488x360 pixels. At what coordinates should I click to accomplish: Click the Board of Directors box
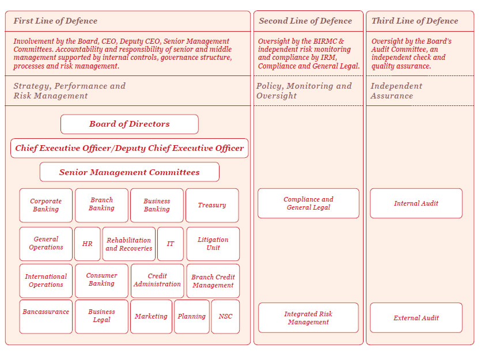[129, 124]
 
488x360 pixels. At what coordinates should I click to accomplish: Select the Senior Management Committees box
[129, 172]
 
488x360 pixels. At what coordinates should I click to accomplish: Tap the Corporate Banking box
[46, 205]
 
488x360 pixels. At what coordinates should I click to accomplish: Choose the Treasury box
[212, 205]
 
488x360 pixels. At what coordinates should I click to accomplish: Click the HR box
[87, 244]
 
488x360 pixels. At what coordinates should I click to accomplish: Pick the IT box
[171, 244]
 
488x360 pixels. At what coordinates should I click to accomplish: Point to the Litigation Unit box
[213, 244]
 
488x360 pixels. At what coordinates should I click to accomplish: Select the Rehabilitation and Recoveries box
[129, 244]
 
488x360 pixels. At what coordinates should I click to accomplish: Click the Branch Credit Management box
[213, 281]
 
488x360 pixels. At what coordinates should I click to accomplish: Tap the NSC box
[225, 316]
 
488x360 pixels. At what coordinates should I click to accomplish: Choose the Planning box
[192, 316]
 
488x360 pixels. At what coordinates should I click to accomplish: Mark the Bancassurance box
[46, 316]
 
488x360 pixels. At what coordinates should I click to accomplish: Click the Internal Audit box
[416, 203]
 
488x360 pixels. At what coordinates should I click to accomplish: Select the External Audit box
[416, 318]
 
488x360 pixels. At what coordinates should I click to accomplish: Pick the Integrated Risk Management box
[308, 318]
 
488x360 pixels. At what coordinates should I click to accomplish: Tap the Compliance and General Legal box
[308, 203]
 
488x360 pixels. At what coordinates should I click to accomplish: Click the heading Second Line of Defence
[305, 21]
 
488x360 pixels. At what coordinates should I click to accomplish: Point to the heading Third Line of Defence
[415, 21]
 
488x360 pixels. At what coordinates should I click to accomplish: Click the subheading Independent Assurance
[396, 90]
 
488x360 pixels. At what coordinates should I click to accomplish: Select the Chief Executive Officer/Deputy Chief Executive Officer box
[129, 148]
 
